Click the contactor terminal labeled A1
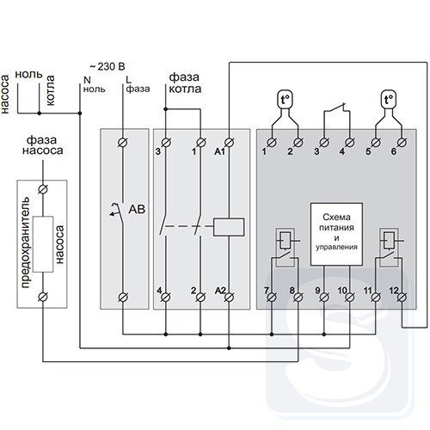(x=229, y=143)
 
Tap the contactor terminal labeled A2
(x=229, y=298)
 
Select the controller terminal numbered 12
(x=402, y=298)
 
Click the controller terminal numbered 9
(x=324, y=298)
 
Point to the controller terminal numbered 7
(x=272, y=298)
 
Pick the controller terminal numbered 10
(x=349, y=298)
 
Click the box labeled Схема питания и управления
(x=336, y=234)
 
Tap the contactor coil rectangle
(x=229, y=227)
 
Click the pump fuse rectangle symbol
(x=43, y=244)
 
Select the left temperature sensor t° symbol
(x=285, y=100)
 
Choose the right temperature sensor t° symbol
(x=389, y=100)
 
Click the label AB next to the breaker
(x=137, y=209)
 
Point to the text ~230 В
(x=107, y=66)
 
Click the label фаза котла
(x=185, y=83)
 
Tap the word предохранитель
(x=25, y=243)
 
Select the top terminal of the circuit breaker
(x=123, y=143)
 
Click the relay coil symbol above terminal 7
(x=285, y=240)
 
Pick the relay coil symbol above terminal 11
(x=389, y=240)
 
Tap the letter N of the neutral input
(x=87, y=80)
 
